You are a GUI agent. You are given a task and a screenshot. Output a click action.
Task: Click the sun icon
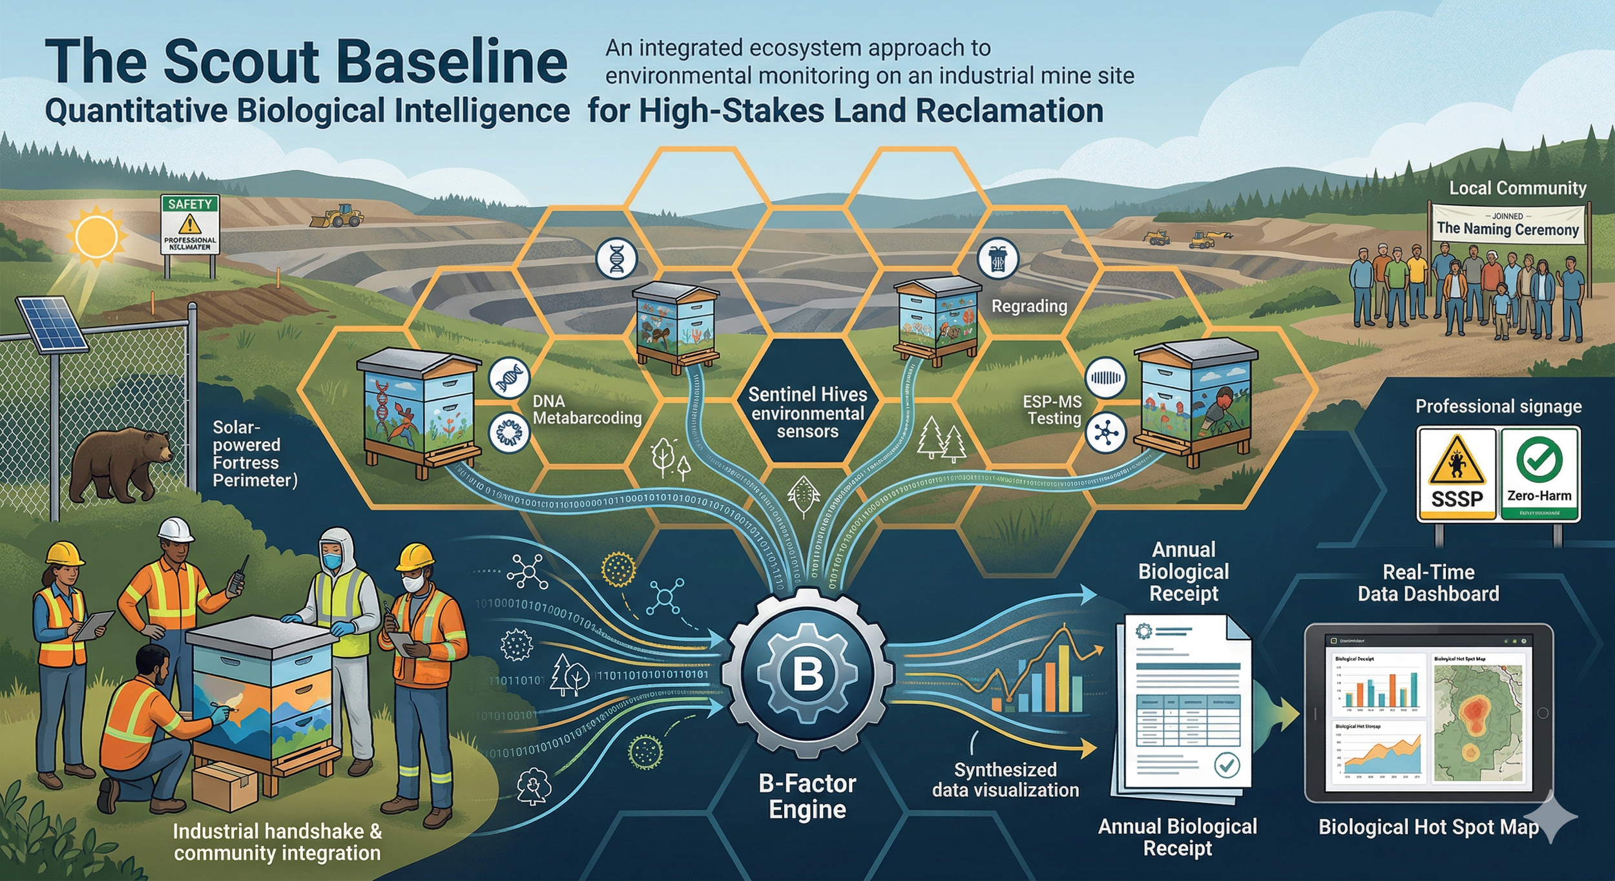(x=97, y=236)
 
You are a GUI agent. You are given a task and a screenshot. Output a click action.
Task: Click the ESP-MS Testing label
(x=1054, y=410)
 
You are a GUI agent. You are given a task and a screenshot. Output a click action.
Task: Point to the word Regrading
(x=1029, y=306)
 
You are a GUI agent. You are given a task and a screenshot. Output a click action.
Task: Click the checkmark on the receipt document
(x=1227, y=765)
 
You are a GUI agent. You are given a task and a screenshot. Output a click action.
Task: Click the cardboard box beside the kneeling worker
(x=225, y=785)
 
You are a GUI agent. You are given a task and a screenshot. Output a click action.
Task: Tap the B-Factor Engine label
(x=807, y=796)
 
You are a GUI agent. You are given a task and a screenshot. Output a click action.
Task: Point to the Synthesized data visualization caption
(x=1005, y=780)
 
